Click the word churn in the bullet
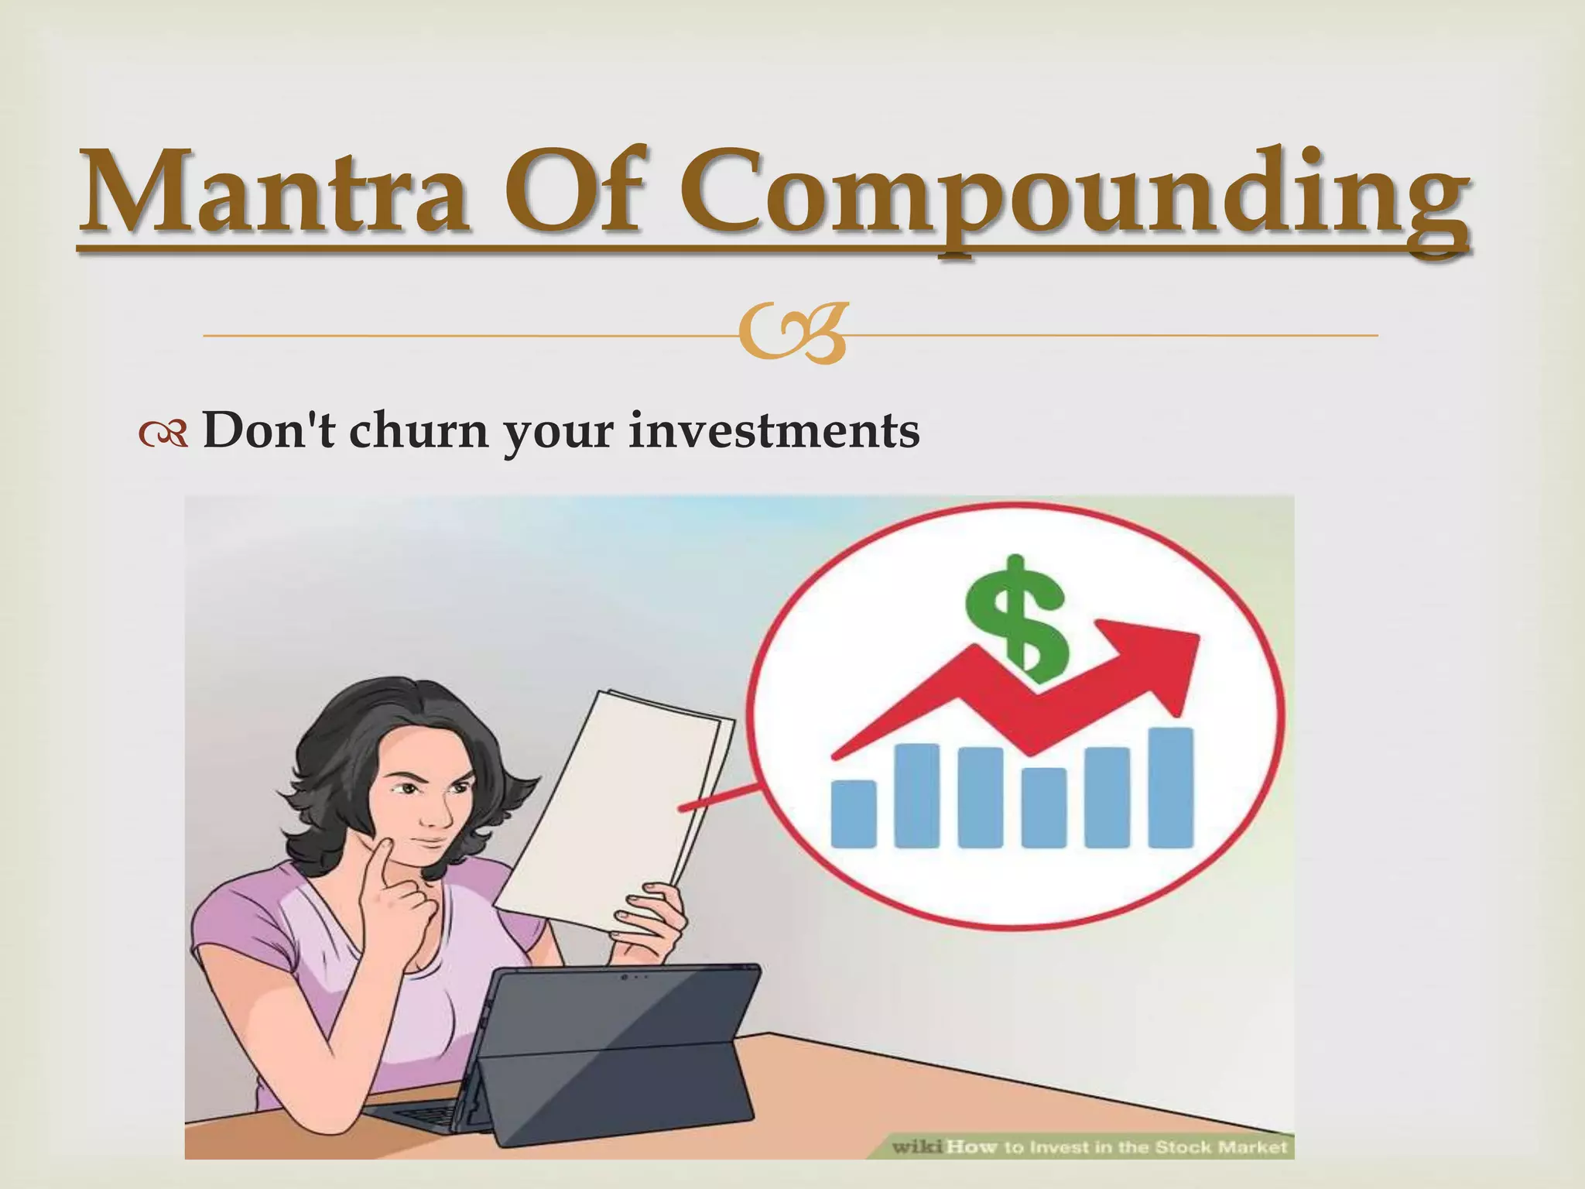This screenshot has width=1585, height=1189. coord(418,430)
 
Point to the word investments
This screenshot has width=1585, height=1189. coord(773,430)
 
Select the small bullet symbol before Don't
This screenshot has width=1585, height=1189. coord(163,436)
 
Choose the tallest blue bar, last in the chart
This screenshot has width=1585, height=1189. coord(1170,786)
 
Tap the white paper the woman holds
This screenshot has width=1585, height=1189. coord(619,797)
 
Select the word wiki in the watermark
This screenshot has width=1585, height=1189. coord(917,1147)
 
